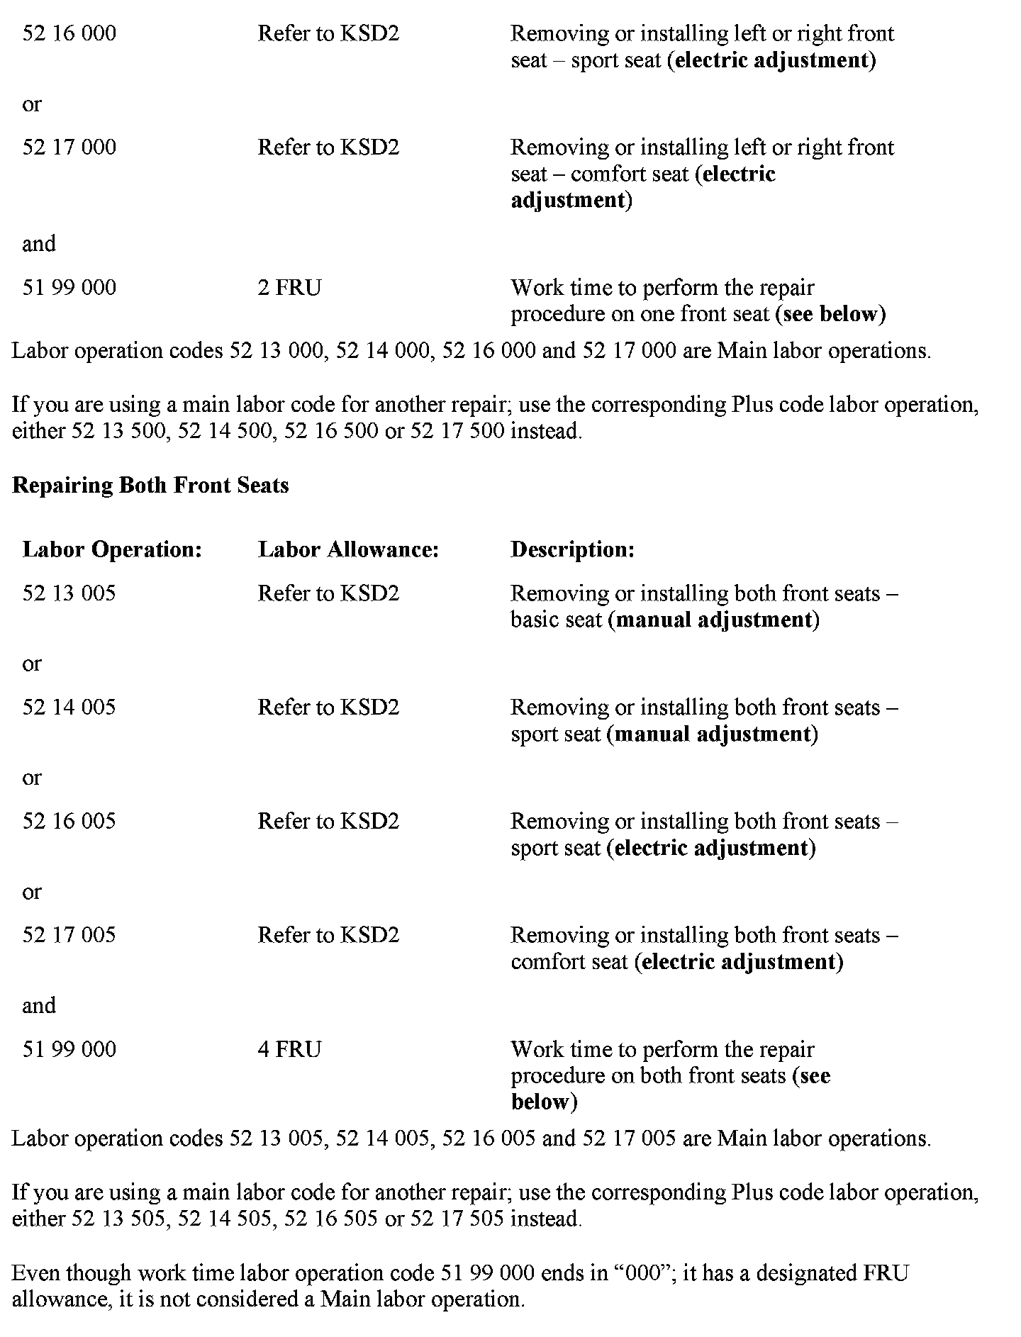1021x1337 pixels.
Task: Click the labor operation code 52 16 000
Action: pyautogui.click(x=69, y=33)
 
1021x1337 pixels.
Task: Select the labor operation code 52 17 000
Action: pyautogui.click(x=69, y=147)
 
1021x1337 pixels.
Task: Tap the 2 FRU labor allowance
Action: pyautogui.click(x=289, y=288)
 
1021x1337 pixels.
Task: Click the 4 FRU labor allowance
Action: pyautogui.click(x=289, y=1049)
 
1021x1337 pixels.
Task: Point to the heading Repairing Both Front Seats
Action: pyautogui.click(x=150, y=486)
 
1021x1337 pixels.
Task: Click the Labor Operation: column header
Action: pyautogui.click(x=112, y=549)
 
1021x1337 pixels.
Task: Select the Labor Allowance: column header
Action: pyautogui.click(x=348, y=549)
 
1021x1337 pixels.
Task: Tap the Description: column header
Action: pyautogui.click(x=572, y=549)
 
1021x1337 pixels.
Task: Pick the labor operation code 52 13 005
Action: pyautogui.click(x=69, y=593)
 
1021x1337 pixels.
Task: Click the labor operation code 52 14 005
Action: pyautogui.click(x=69, y=707)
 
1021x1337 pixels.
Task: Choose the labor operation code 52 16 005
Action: pyautogui.click(x=69, y=822)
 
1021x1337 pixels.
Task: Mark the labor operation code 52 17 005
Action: pyautogui.click(x=69, y=935)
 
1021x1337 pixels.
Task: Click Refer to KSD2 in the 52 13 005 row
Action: pyautogui.click(x=328, y=593)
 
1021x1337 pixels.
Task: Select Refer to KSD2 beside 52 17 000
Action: pyautogui.click(x=328, y=147)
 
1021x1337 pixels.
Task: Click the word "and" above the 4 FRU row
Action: pyautogui.click(x=38, y=1006)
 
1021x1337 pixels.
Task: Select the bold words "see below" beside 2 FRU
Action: pyautogui.click(x=831, y=314)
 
